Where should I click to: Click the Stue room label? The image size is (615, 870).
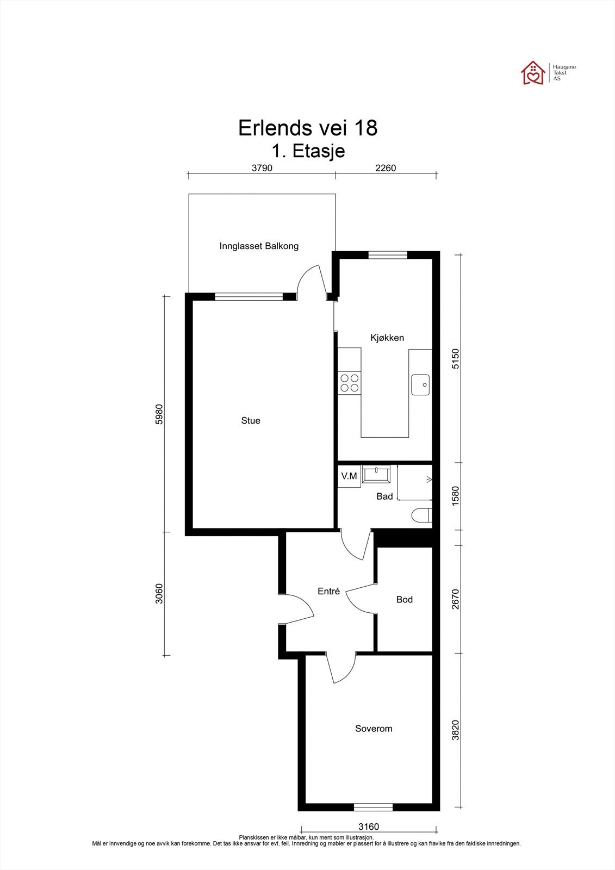point(251,421)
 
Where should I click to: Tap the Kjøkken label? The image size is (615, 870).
point(387,338)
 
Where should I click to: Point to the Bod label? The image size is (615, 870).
point(404,600)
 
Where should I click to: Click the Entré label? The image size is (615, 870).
point(328,591)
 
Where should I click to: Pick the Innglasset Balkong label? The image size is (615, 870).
point(259,246)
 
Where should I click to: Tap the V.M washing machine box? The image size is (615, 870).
point(349,476)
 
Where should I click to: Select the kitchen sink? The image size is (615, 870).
point(420,384)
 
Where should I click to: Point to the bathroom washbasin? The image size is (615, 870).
point(376,474)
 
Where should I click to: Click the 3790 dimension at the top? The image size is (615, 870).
point(262,168)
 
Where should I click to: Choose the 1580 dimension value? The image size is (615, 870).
point(455,496)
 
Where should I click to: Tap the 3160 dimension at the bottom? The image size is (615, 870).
point(368,826)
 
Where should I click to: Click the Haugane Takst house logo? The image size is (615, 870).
point(533,73)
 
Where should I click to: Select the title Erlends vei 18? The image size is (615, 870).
point(308,128)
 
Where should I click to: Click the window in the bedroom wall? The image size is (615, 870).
point(373,807)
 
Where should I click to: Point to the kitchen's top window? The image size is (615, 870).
point(388,255)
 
